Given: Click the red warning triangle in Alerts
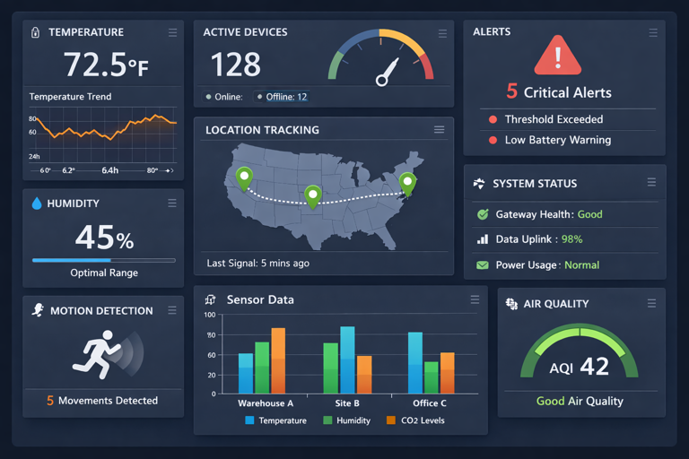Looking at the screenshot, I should tap(557, 57).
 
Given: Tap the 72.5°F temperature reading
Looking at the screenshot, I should tap(105, 65).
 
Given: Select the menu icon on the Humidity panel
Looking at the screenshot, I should tap(172, 204).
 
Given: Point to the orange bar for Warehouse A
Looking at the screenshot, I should tap(278, 360).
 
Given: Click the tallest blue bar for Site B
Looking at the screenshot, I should tap(347, 359).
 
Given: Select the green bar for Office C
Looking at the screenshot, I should tap(431, 377).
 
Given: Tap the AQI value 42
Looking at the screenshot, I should tap(594, 366).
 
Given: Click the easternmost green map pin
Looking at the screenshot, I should tap(407, 183).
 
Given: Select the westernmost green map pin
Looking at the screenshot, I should tap(243, 177).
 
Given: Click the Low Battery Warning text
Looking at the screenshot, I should tap(557, 140).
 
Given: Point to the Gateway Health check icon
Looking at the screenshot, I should tap(483, 214).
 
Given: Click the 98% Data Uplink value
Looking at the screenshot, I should tap(571, 239).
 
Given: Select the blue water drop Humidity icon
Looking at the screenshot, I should tap(37, 204).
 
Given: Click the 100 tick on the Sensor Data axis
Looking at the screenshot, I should tap(209, 315).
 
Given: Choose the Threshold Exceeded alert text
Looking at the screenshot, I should tap(554, 119).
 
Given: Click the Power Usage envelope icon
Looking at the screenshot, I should tap(483, 265).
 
